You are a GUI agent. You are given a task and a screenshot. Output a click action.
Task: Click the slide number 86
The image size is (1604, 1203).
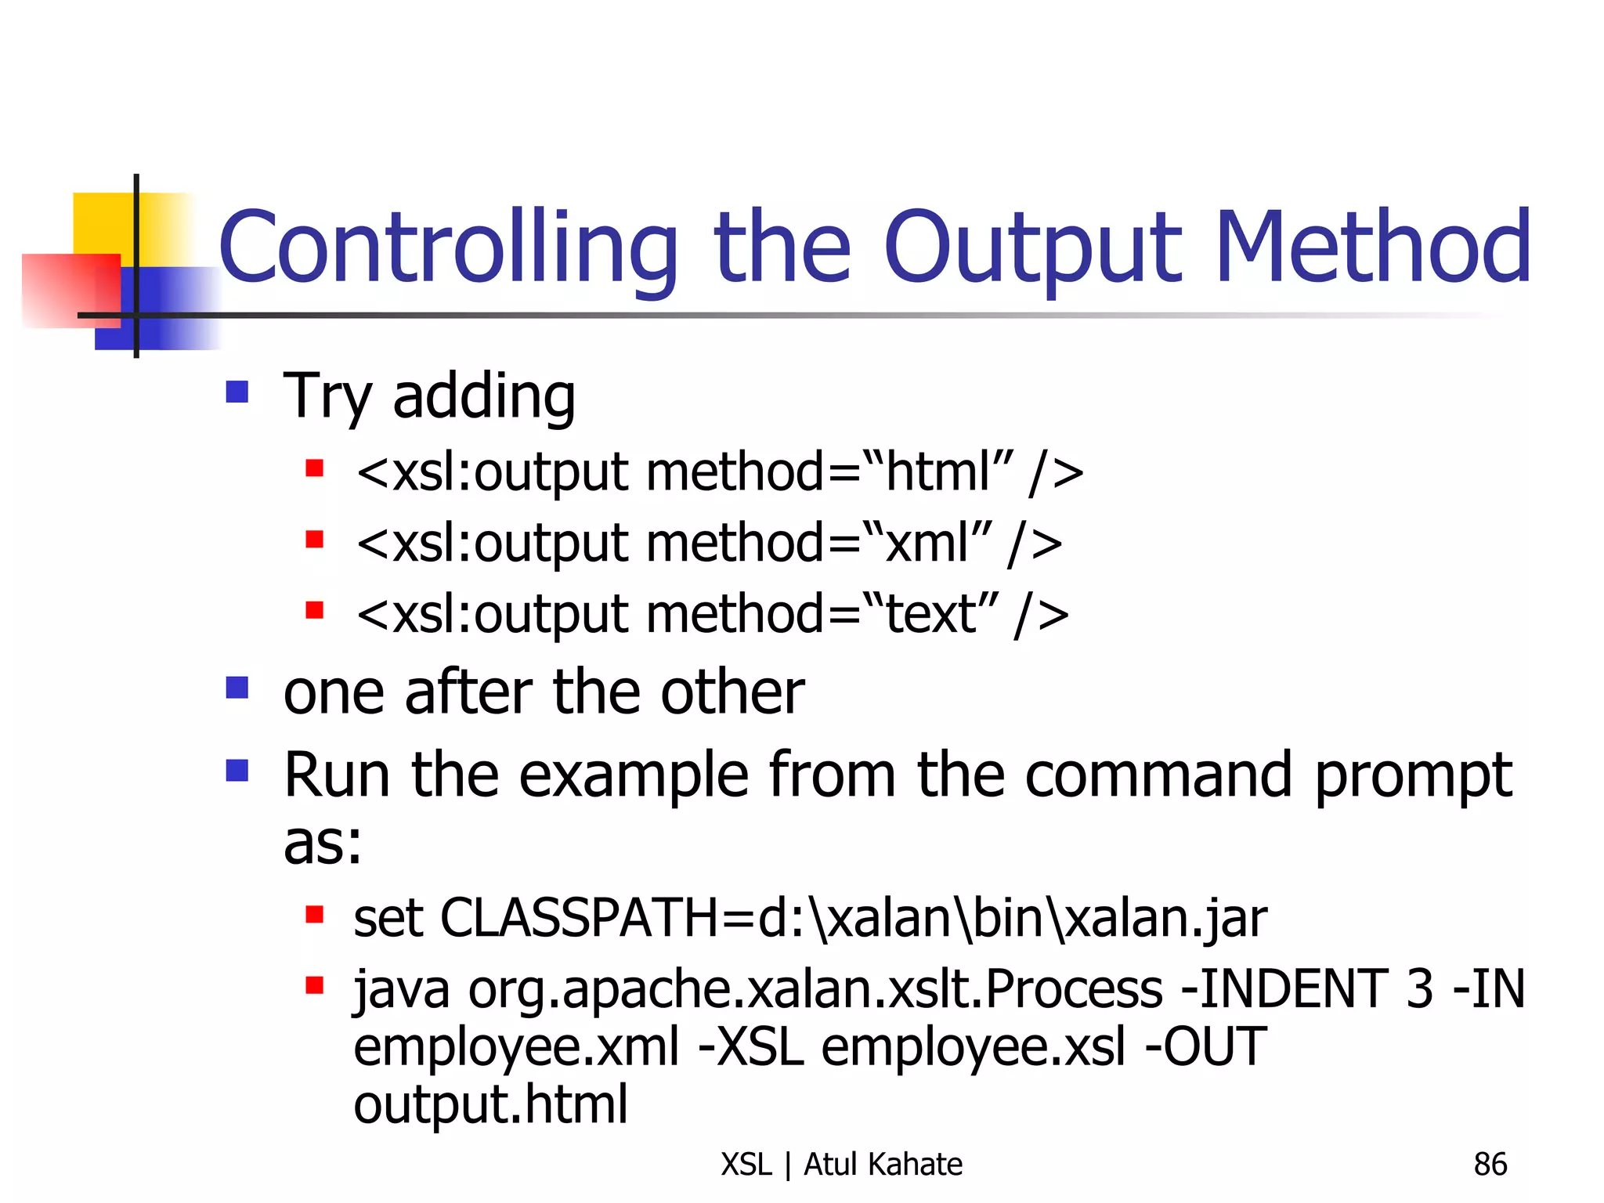point(1490,1165)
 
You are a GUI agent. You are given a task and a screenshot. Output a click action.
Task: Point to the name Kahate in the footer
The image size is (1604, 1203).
point(916,1165)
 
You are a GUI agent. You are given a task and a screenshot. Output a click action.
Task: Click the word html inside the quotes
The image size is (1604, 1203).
point(937,473)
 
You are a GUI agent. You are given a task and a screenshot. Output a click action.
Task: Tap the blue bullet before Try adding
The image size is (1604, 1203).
point(237,392)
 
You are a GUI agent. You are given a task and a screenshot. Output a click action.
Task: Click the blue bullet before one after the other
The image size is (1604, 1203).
point(237,688)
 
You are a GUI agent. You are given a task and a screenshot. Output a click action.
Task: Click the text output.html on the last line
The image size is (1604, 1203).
point(490,1104)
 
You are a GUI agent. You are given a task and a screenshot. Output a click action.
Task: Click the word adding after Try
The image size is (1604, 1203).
point(483,396)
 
